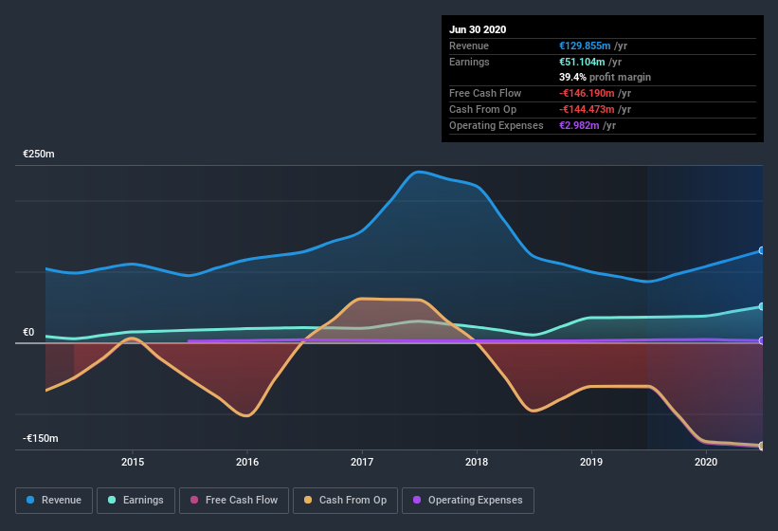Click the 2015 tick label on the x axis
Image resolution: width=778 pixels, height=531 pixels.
coord(133,462)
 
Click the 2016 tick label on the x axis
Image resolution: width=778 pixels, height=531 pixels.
coord(247,462)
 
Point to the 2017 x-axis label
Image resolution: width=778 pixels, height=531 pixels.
coord(362,462)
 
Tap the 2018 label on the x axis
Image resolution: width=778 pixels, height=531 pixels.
coord(477,462)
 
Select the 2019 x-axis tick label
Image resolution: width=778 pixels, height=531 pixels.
coord(591,462)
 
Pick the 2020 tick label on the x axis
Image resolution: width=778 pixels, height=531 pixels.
coord(706,462)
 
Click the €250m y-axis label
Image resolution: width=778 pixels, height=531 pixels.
coord(40,154)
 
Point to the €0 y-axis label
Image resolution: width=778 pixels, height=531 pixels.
coord(29,332)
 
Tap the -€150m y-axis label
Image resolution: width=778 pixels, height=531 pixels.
coord(41,438)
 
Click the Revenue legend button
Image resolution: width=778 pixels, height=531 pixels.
coord(54,500)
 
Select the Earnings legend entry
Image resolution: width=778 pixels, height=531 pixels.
coord(136,500)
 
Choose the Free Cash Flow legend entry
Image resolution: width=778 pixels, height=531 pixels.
coord(234,500)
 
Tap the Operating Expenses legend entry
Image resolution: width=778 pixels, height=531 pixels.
coord(468,500)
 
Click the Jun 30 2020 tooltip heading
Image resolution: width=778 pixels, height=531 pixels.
coord(478,29)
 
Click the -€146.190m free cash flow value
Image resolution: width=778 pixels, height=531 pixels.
coord(591,93)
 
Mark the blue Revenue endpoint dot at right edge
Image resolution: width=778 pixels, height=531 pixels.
coord(762,251)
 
